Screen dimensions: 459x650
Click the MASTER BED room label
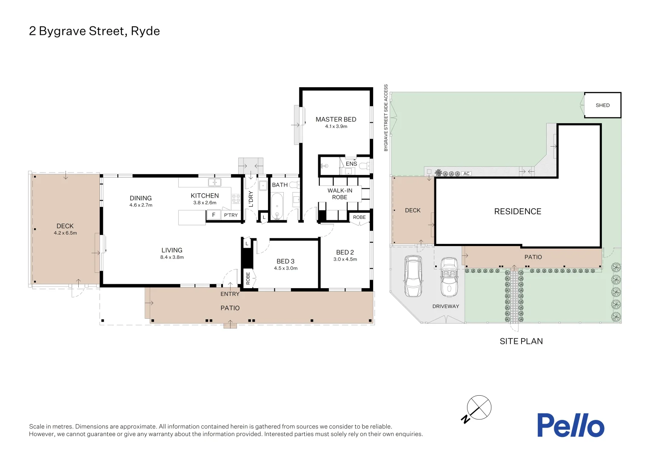(x=336, y=119)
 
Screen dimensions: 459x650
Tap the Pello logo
(x=570, y=425)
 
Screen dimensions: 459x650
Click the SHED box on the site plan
(x=602, y=105)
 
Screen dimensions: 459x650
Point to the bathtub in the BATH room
(x=277, y=207)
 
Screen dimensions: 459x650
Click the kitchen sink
(x=214, y=182)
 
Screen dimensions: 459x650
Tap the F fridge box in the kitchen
(x=214, y=215)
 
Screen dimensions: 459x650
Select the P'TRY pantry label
(x=231, y=215)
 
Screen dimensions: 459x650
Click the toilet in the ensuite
(x=365, y=166)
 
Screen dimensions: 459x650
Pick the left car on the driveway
(x=413, y=276)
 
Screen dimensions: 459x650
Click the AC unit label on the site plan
(x=466, y=173)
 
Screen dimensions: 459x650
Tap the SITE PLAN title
(x=521, y=341)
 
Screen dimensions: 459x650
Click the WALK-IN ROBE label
(x=339, y=194)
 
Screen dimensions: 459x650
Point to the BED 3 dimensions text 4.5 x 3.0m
(x=286, y=268)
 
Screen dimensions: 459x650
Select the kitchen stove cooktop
(x=236, y=199)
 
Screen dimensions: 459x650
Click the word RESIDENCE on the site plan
(x=517, y=211)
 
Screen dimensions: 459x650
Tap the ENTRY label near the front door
(x=230, y=294)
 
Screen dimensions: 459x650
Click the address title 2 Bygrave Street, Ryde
(x=94, y=31)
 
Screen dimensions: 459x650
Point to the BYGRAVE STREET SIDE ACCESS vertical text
(x=386, y=118)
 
